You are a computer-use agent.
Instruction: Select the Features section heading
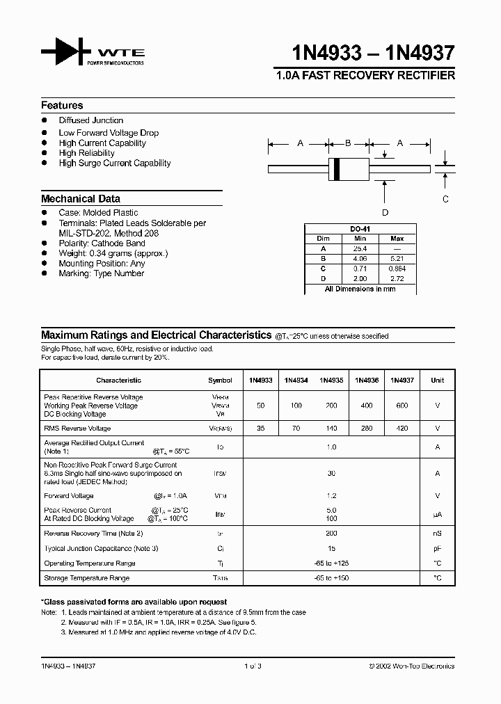[62, 106]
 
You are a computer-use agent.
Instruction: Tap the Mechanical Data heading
[81, 199]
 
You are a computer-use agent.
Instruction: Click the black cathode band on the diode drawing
[337, 168]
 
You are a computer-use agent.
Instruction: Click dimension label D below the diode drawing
[385, 213]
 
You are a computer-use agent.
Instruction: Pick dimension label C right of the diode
[446, 200]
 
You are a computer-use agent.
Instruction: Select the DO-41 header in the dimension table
[359, 229]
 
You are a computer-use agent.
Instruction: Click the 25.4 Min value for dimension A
[359, 248]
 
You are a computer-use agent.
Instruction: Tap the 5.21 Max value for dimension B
[397, 258]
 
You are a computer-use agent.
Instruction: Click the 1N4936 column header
[367, 381]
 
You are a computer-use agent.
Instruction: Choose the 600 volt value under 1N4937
[402, 405]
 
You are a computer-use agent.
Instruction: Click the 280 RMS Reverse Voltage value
[367, 429]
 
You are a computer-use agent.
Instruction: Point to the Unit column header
[437, 381]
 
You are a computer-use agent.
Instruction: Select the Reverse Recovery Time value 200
[331, 534]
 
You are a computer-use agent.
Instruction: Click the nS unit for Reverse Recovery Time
[437, 534]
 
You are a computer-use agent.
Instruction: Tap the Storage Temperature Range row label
[87, 578]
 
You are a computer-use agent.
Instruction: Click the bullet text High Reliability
[87, 153]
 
